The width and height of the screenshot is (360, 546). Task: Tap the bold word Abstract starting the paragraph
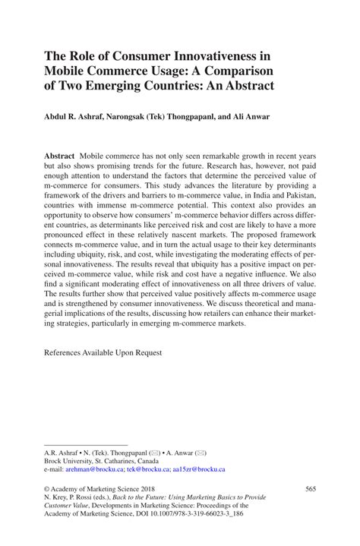point(59,154)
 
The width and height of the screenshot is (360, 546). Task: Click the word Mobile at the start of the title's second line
point(66,71)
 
